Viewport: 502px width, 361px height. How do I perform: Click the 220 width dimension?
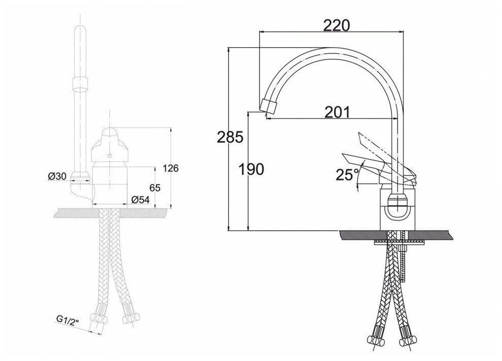click(x=337, y=25)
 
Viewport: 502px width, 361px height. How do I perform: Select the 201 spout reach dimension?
click(x=337, y=112)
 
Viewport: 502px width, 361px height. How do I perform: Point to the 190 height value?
click(x=252, y=169)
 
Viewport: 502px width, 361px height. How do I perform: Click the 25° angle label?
click(x=347, y=174)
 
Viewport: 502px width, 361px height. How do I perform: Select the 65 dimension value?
click(x=155, y=188)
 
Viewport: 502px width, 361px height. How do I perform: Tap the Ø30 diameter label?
click(x=57, y=176)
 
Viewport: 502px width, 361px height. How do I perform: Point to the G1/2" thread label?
click(x=67, y=320)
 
